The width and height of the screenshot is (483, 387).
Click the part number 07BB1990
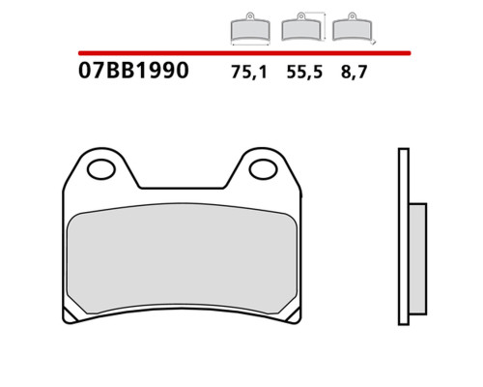point(133,71)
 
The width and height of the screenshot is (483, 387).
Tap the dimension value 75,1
point(249,72)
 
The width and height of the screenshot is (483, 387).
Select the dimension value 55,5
point(304,72)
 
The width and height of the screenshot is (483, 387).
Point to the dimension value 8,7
point(354,72)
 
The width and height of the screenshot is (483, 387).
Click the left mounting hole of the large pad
point(101,169)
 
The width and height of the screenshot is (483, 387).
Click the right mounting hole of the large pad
point(263,169)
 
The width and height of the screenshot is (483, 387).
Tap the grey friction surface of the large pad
point(182,258)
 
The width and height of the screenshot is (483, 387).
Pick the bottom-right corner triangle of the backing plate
point(295,316)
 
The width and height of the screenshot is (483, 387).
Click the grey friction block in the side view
point(417,258)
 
